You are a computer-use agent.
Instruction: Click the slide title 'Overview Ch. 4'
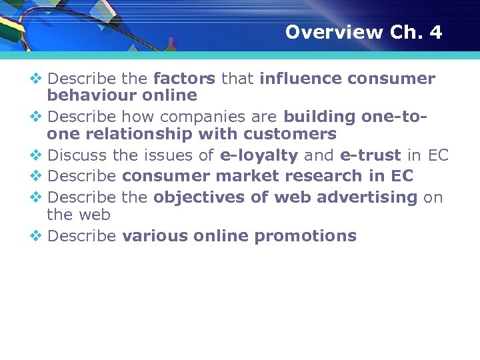click(363, 32)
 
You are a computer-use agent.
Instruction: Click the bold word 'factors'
click(184, 79)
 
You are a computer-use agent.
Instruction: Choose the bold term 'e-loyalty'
click(259, 156)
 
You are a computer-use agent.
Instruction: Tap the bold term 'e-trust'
click(371, 156)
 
